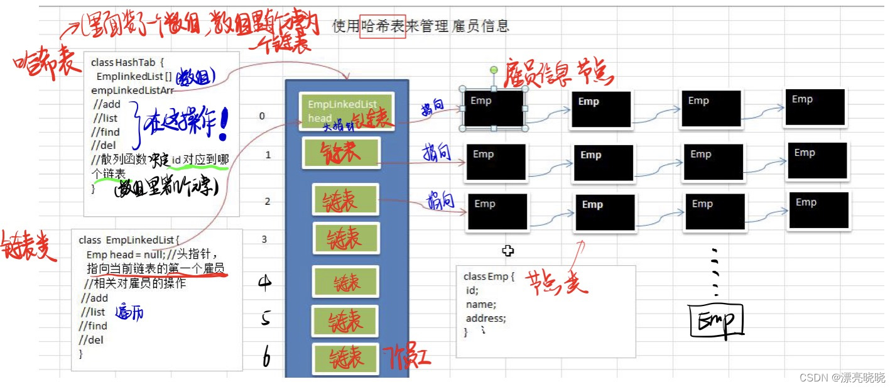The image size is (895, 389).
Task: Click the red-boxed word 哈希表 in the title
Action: (x=382, y=26)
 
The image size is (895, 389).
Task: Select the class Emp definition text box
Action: (x=545, y=312)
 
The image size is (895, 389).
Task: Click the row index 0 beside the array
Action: (x=262, y=116)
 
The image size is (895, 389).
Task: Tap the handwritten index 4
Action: (x=265, y=283)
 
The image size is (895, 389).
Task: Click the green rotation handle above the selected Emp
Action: (x=494, y=69)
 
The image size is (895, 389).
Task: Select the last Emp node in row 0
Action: (x=815, y=107)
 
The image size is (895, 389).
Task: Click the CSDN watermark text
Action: (x=842, y=377)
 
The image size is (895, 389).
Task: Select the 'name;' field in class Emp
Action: (x=481, y=305)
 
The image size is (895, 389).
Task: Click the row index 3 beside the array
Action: (x=264, y=239)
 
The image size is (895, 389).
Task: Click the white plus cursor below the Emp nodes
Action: (x=507, y=251)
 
